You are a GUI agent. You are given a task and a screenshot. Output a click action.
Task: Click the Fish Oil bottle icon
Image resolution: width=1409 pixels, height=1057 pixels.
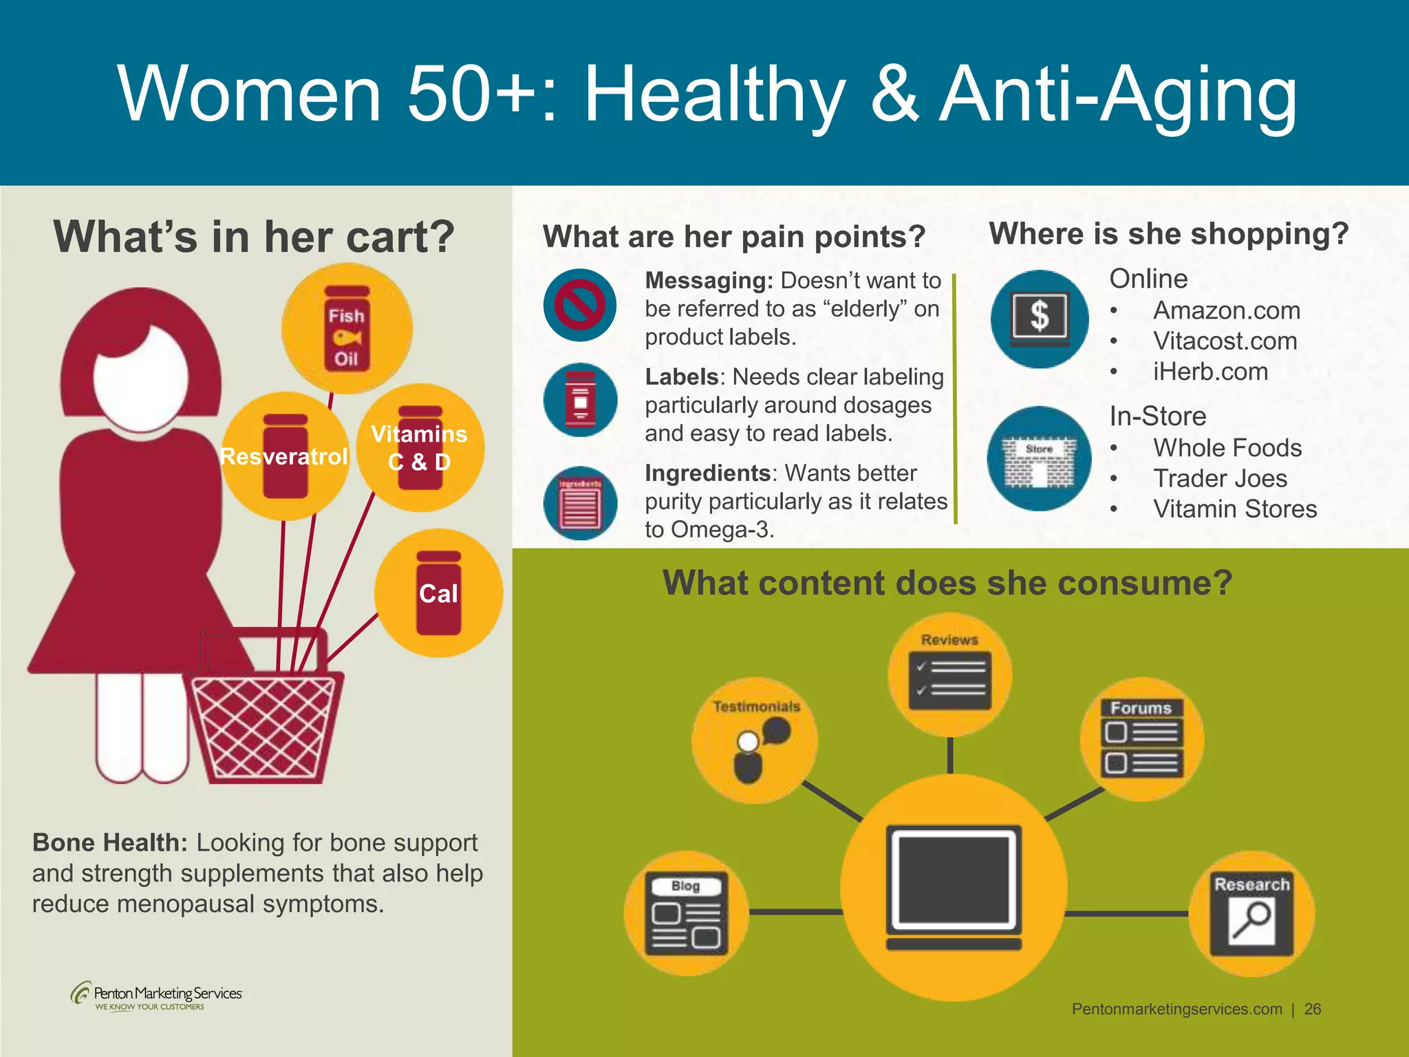click(x=347, y=330)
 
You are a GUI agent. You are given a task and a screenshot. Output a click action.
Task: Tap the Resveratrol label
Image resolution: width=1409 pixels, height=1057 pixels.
click(x=283, y=456)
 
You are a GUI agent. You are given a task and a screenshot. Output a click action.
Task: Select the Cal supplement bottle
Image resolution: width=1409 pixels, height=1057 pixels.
click(x=438, y=593)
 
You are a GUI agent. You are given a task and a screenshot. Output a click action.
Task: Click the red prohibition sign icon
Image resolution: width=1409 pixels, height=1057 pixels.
click(x=580, y=305)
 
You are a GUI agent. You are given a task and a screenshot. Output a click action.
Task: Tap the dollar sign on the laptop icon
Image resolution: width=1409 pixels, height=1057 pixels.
click(x=1040, y=317)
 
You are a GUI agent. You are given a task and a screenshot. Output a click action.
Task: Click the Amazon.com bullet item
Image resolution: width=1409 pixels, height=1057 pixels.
click(x=1227, y=310)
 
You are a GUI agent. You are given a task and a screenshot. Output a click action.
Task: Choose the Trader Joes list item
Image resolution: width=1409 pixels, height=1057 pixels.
click(x=1220, y=478)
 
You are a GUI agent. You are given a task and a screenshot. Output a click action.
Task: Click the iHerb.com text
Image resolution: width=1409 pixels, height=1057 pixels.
click(x=1210, y=372)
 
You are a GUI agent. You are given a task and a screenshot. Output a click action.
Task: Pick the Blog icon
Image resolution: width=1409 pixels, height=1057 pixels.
click(x=686, y=914)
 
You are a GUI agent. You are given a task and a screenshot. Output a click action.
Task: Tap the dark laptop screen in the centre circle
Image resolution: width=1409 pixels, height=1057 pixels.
click(x=954, y=879)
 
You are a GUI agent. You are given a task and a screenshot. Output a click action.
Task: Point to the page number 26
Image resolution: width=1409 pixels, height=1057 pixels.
click(x=1313, y=1009)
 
